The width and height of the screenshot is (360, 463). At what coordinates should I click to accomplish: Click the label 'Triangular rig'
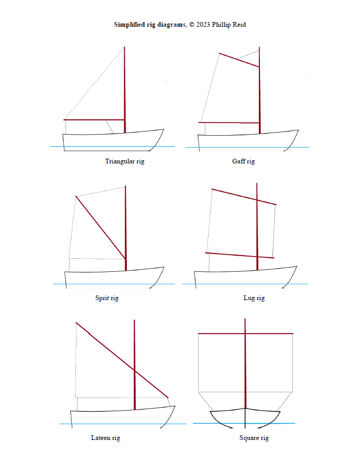[x=125, y=161]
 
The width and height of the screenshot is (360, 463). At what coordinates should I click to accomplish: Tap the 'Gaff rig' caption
[x=243, y=161]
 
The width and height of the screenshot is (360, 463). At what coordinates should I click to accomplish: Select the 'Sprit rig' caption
[x=107, y=298]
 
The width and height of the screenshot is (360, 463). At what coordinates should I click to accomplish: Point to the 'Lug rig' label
[x=254, y=298]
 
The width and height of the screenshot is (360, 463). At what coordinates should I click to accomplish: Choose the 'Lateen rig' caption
[x=105, y=438]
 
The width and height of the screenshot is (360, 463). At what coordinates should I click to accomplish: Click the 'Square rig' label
[x=254, y=438]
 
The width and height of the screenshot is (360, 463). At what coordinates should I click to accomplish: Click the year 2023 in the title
[x=203, y=25]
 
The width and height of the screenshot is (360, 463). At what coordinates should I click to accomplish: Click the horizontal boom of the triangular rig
[x=94, y=119]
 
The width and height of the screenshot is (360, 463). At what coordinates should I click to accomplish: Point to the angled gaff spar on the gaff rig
[x=239, y=60]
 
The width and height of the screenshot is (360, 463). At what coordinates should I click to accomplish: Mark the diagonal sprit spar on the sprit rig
[x=101, y=227]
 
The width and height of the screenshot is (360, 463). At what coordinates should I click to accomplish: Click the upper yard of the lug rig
[x=244, y=196]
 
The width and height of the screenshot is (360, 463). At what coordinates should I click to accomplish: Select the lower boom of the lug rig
[x=239, y=256]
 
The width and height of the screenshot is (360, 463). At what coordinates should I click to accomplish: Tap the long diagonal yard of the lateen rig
[x=122, y=360]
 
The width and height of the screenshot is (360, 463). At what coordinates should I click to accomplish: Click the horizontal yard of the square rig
[x=245, y=334]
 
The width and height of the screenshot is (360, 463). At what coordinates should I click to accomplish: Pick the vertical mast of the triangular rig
[x=125, y=90]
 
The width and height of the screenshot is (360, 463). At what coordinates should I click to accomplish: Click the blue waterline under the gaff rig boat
[x=247, y=147]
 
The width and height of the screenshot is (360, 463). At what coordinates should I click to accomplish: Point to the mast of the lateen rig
[x=135, y=365]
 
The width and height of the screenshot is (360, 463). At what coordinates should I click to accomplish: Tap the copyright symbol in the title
[x=192, y=25]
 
